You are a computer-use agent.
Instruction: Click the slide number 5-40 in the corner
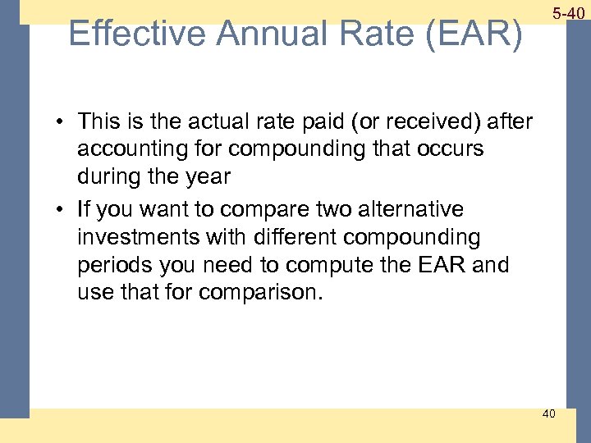click(x=568, y=14)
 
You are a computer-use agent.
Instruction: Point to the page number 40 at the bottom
click(x=548, y=413)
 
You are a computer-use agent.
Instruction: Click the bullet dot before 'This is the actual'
click(x=62, y=123)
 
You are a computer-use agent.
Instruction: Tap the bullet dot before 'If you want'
click(x=62, y=210)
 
